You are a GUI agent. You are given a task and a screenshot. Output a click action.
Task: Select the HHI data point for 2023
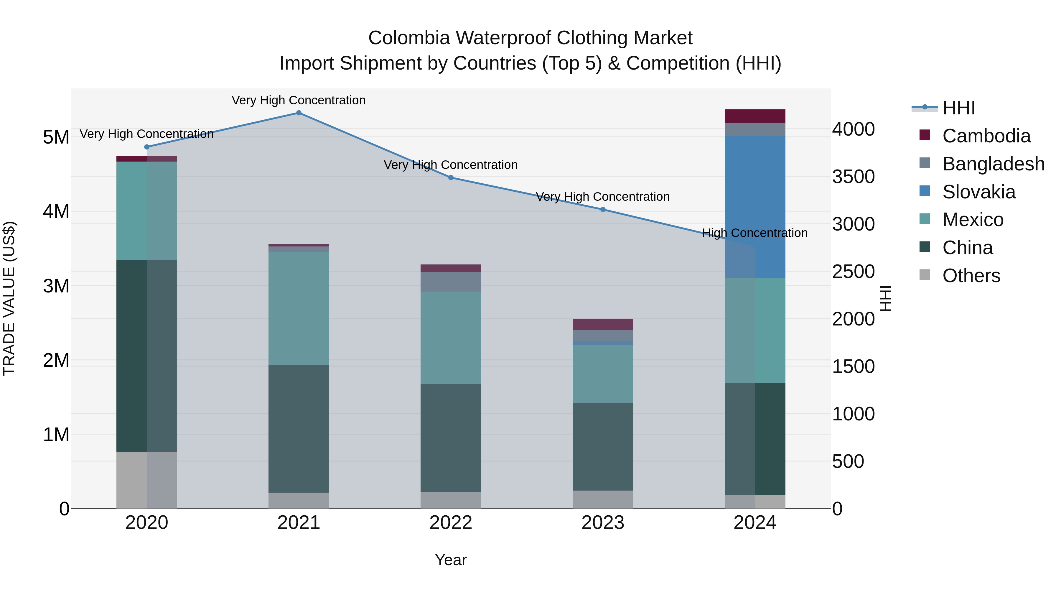coord(603,210)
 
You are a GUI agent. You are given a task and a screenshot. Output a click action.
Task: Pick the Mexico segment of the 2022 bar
coord(451,338)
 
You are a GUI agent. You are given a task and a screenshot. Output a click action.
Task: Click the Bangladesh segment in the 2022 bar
coord(451,282)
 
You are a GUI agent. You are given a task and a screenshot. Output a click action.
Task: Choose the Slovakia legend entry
coord(978,192)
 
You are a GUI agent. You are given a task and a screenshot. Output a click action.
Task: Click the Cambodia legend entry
coord(986,136)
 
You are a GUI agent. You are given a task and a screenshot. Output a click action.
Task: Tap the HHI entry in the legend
coord(958,108)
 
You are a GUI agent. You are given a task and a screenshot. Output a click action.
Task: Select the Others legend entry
coord(971,276)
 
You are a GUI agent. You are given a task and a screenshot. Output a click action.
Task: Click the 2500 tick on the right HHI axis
coord(854,272)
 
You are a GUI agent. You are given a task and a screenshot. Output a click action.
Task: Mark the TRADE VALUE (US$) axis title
coord(9,298)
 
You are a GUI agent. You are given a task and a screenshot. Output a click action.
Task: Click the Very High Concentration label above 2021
coord(299,101)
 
